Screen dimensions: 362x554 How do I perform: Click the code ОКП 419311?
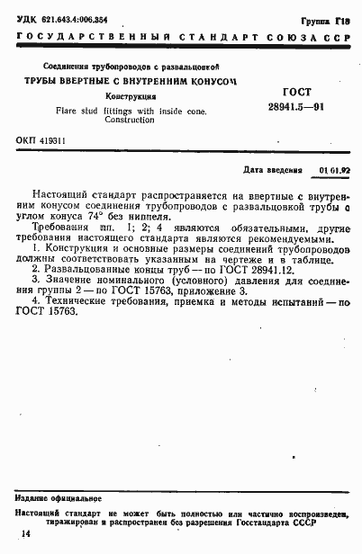click(x=41, y=141)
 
